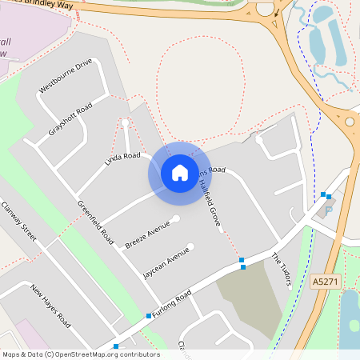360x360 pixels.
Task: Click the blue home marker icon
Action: [180, 173]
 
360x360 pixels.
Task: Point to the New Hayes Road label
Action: [50, 306]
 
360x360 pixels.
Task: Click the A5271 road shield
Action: [325, 282]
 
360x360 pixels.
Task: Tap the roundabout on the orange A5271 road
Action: [350, 122]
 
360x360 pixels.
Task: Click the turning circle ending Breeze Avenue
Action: [176, 219]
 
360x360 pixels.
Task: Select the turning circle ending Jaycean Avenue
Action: [190, 246]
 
